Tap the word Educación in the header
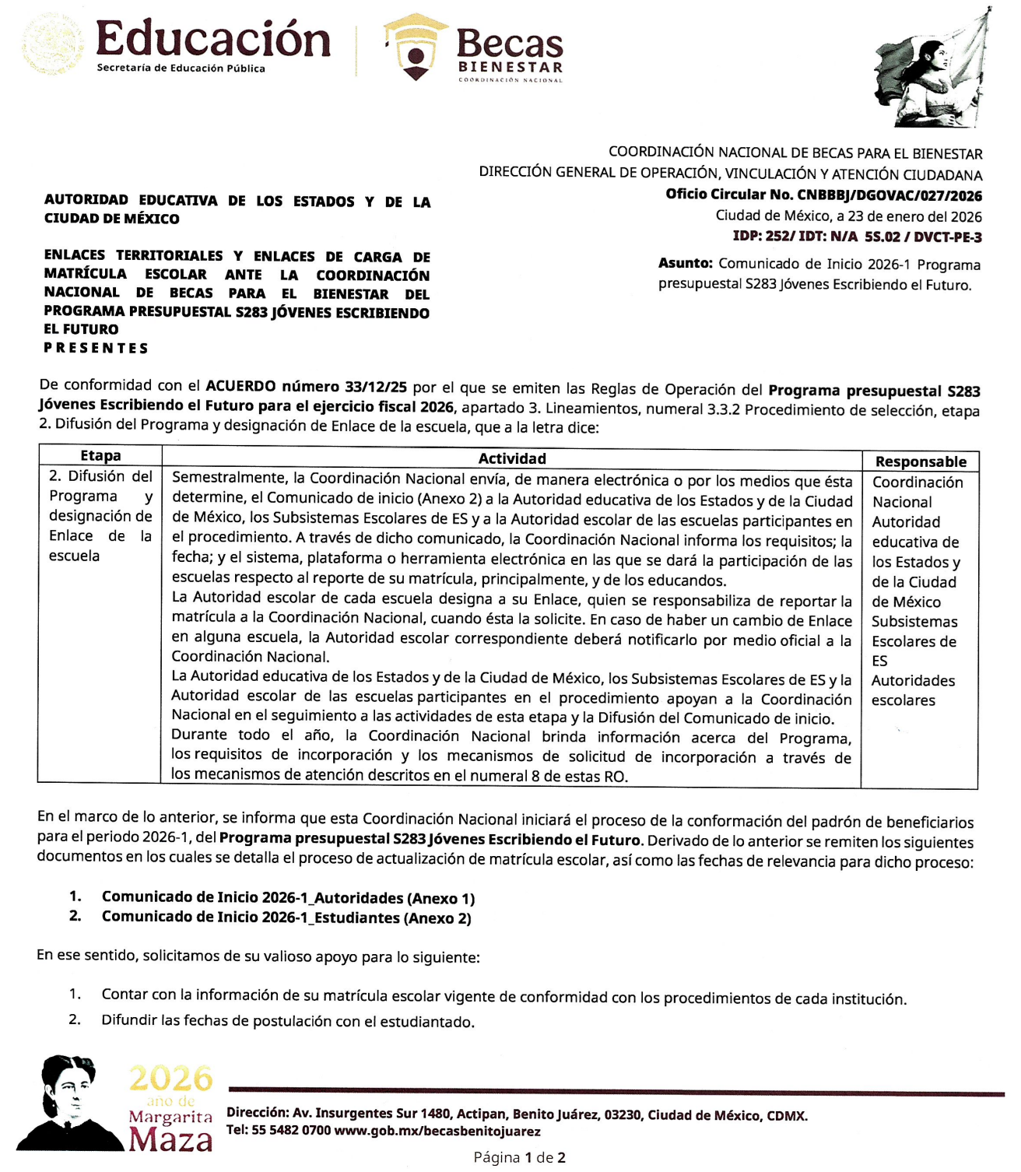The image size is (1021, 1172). (213, 39)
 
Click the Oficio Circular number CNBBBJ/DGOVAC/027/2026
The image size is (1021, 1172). (889, 195)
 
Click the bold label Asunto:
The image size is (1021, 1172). (685, 264)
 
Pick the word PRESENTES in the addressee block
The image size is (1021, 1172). (96, 348)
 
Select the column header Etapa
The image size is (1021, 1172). (100, 456)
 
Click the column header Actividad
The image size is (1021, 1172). (511, 459)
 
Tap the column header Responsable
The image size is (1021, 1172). (920, 461)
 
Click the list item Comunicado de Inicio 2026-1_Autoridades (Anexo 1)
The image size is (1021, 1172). (288, 898)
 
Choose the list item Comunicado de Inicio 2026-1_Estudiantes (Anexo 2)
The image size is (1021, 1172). (286, 918)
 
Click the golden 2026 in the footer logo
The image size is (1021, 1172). (170, 1079)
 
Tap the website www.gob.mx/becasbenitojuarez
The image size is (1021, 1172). (437, 1131)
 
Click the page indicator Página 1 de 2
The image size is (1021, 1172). (519, 1157)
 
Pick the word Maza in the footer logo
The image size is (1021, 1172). (170, 1140)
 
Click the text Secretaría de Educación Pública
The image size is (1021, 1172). (181, 68)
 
